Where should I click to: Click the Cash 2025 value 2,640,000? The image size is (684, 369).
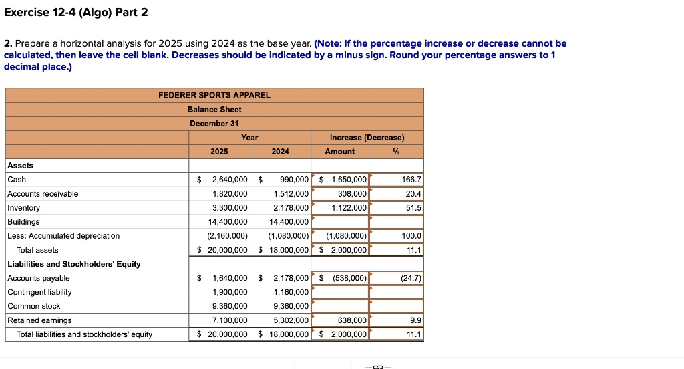point(229,180)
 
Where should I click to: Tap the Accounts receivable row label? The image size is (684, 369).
point(43,194)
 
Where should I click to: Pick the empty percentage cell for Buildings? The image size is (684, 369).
point(397,222)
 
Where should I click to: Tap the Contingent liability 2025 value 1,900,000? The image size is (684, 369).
point(229,292)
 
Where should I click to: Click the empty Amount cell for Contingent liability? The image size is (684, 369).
point(340,292)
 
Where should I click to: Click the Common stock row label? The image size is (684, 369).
point(33,306)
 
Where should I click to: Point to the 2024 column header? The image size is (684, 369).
point(281,152)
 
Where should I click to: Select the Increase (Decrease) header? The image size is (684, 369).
point(367,138)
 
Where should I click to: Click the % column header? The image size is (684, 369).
point(396,152)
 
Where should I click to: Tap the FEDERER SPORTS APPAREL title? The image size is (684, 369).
point(214,95)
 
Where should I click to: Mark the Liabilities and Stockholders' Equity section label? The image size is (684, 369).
point(73,264)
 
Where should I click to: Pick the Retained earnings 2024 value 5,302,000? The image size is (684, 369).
point(291,320)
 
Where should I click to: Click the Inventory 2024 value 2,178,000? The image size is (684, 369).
point(291,208)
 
